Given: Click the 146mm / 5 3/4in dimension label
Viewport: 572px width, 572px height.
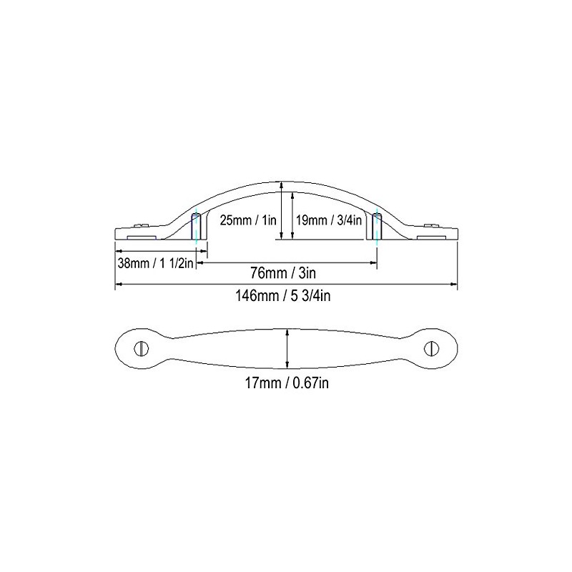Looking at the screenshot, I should pyautogui.click(x=286, y=297).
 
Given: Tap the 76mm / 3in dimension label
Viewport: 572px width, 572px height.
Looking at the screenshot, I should pyautogui.click(x=288, y=273).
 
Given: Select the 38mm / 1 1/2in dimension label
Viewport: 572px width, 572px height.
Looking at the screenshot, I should pyautogui.click(x=156, y=262).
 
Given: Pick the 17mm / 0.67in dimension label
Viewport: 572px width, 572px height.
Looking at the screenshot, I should pyautogui.click(x=286, y=383).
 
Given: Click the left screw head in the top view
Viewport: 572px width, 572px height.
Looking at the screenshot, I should pyautogui.click(x=142, y=348).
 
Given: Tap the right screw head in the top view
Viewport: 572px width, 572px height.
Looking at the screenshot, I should pyautogui.click(x=431, y=348).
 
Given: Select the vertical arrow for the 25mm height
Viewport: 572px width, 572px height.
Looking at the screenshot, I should pyautogui.click(x=282, y=211).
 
